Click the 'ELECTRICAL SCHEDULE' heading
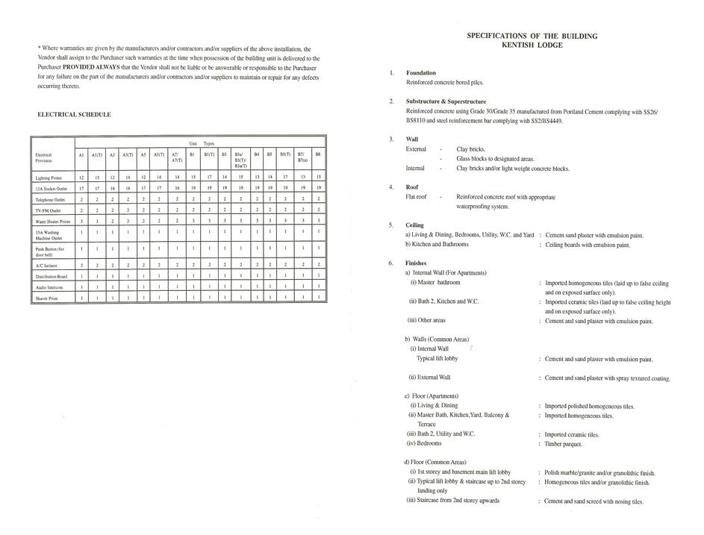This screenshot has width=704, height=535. [x=74, y=115]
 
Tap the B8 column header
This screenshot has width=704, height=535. [x=318, y=154]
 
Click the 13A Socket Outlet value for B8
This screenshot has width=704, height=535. [x=318, y=188]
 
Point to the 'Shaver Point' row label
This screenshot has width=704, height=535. [x=49, y=298]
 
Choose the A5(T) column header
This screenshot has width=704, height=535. [x=159, y=154]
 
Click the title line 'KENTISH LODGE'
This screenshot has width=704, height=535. [x=532, y=46]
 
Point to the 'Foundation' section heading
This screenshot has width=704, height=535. [x=421, y=73]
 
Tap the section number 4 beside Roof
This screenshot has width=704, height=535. [x=391, y=187]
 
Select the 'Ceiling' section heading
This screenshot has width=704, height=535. [x=415, y=225]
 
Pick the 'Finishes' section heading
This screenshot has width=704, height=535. [x=417, y=263]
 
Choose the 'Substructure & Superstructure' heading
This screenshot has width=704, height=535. [x=446, y=101]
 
